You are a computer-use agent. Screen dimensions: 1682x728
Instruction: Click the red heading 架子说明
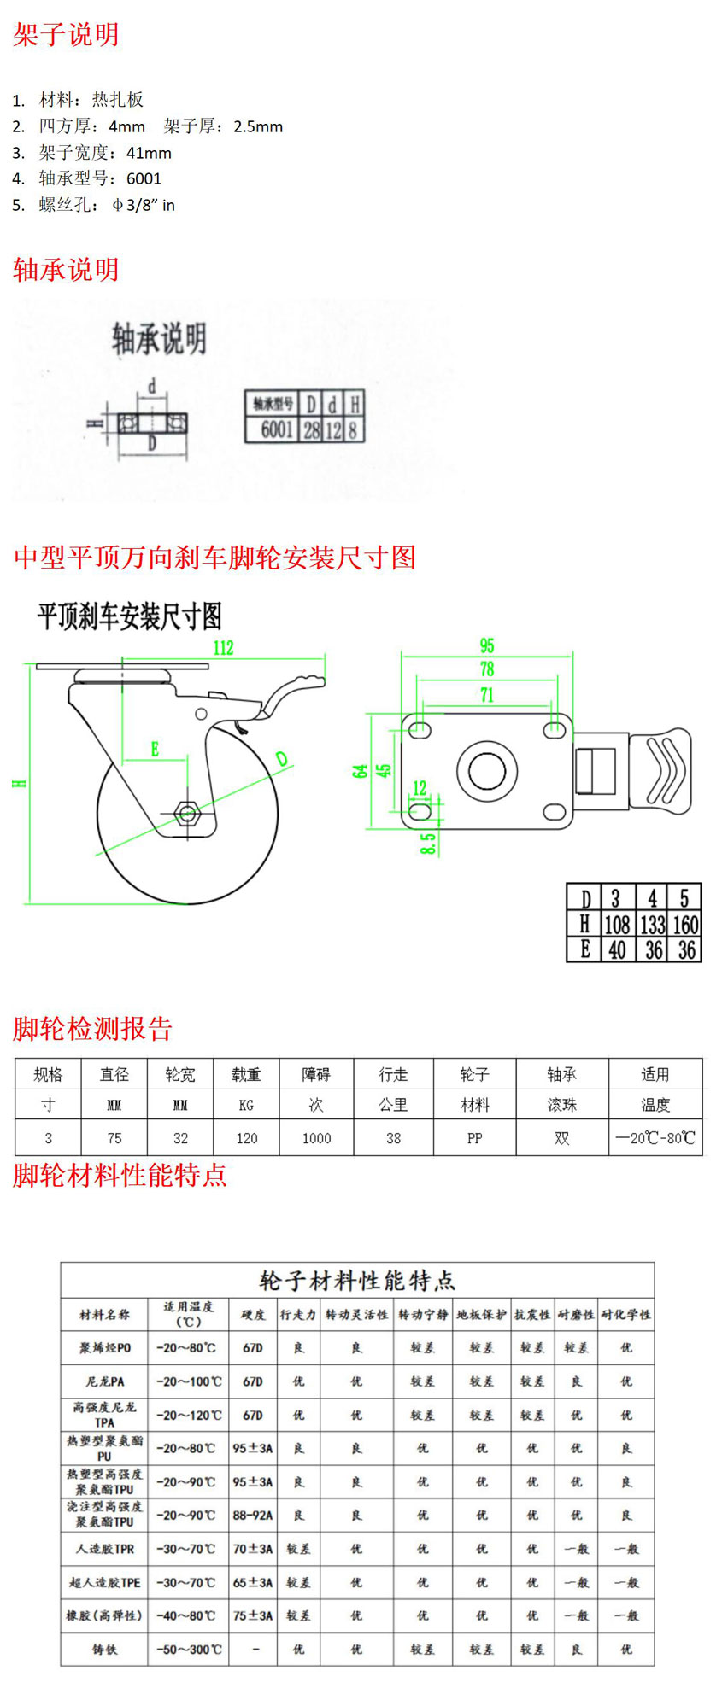pos(66,35)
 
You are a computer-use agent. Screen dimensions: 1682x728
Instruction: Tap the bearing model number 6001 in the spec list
pos(144,178)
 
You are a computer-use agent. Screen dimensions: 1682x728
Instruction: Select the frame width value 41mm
pos(149,153)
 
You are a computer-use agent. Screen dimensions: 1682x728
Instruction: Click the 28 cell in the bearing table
pos(311,429)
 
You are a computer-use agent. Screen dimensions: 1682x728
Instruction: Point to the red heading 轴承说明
pos(66,270)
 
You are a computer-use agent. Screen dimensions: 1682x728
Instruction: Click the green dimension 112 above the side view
pos(223,647)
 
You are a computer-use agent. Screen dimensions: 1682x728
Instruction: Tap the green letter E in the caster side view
pos(155,749)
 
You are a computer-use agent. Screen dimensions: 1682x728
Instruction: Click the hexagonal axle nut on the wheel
pos(185,814)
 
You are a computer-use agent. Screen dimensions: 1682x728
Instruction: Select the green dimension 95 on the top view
pos(486,645)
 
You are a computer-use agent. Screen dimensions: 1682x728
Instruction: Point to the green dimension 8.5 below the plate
pos(428,844)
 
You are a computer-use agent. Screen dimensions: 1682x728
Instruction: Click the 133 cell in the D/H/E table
pos(652,924)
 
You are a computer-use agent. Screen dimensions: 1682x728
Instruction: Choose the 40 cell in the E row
pos(616,949)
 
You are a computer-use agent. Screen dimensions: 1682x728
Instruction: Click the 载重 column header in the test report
pos(246,1075)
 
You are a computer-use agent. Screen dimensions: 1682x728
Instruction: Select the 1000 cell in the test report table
pos(316,1138)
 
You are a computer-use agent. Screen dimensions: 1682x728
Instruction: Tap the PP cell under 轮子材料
pos(474,1138)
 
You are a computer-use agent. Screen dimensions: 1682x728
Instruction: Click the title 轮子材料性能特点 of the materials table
pos(357,1281)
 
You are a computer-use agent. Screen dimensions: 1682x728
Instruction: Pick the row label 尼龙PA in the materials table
pos(105,1381)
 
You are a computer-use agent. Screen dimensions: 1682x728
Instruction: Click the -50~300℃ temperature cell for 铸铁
pos(188,1650)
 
